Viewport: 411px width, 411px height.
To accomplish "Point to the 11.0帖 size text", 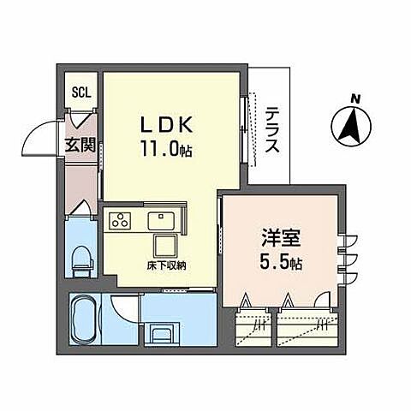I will pyautogui.click(x=169, y=149).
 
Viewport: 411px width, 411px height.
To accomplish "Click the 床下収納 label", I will pyautogui.click(x=166, y=265).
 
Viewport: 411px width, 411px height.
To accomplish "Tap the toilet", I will pyautogui.click(x=82, y=258).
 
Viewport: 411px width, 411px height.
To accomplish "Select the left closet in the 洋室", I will pyautogui.click(x=254, y=325).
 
